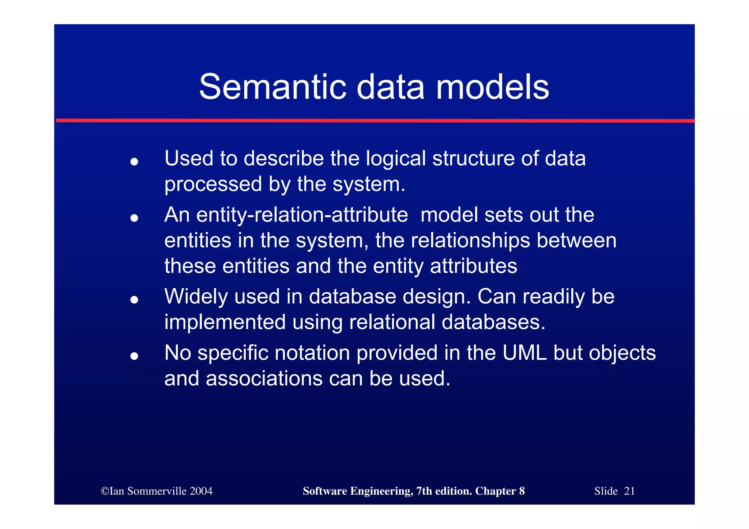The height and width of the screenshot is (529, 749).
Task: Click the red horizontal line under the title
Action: (375, 120)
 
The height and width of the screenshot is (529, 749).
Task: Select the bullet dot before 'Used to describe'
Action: (134, 162)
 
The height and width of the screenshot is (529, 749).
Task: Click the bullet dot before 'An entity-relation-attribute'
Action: (134, 218)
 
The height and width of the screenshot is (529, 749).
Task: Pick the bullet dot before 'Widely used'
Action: (134, 300)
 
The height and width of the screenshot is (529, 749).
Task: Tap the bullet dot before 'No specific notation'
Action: (134, 356)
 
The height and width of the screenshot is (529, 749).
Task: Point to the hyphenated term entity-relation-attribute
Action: (286, 215)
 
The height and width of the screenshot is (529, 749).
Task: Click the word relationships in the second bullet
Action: (471, 241)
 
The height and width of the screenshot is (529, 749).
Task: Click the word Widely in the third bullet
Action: (196, 296)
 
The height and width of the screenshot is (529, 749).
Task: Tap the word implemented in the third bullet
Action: (225, 322)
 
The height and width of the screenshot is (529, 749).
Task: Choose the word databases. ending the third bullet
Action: (493, 322)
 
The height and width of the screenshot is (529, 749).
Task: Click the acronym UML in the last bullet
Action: (524, 353)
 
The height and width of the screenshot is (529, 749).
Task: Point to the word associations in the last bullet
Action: (264, 379)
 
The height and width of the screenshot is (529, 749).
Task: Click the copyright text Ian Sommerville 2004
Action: (157, 491)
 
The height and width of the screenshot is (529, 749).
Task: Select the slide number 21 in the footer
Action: (629, 491)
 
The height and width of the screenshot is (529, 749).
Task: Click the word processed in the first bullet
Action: (213, 184)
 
